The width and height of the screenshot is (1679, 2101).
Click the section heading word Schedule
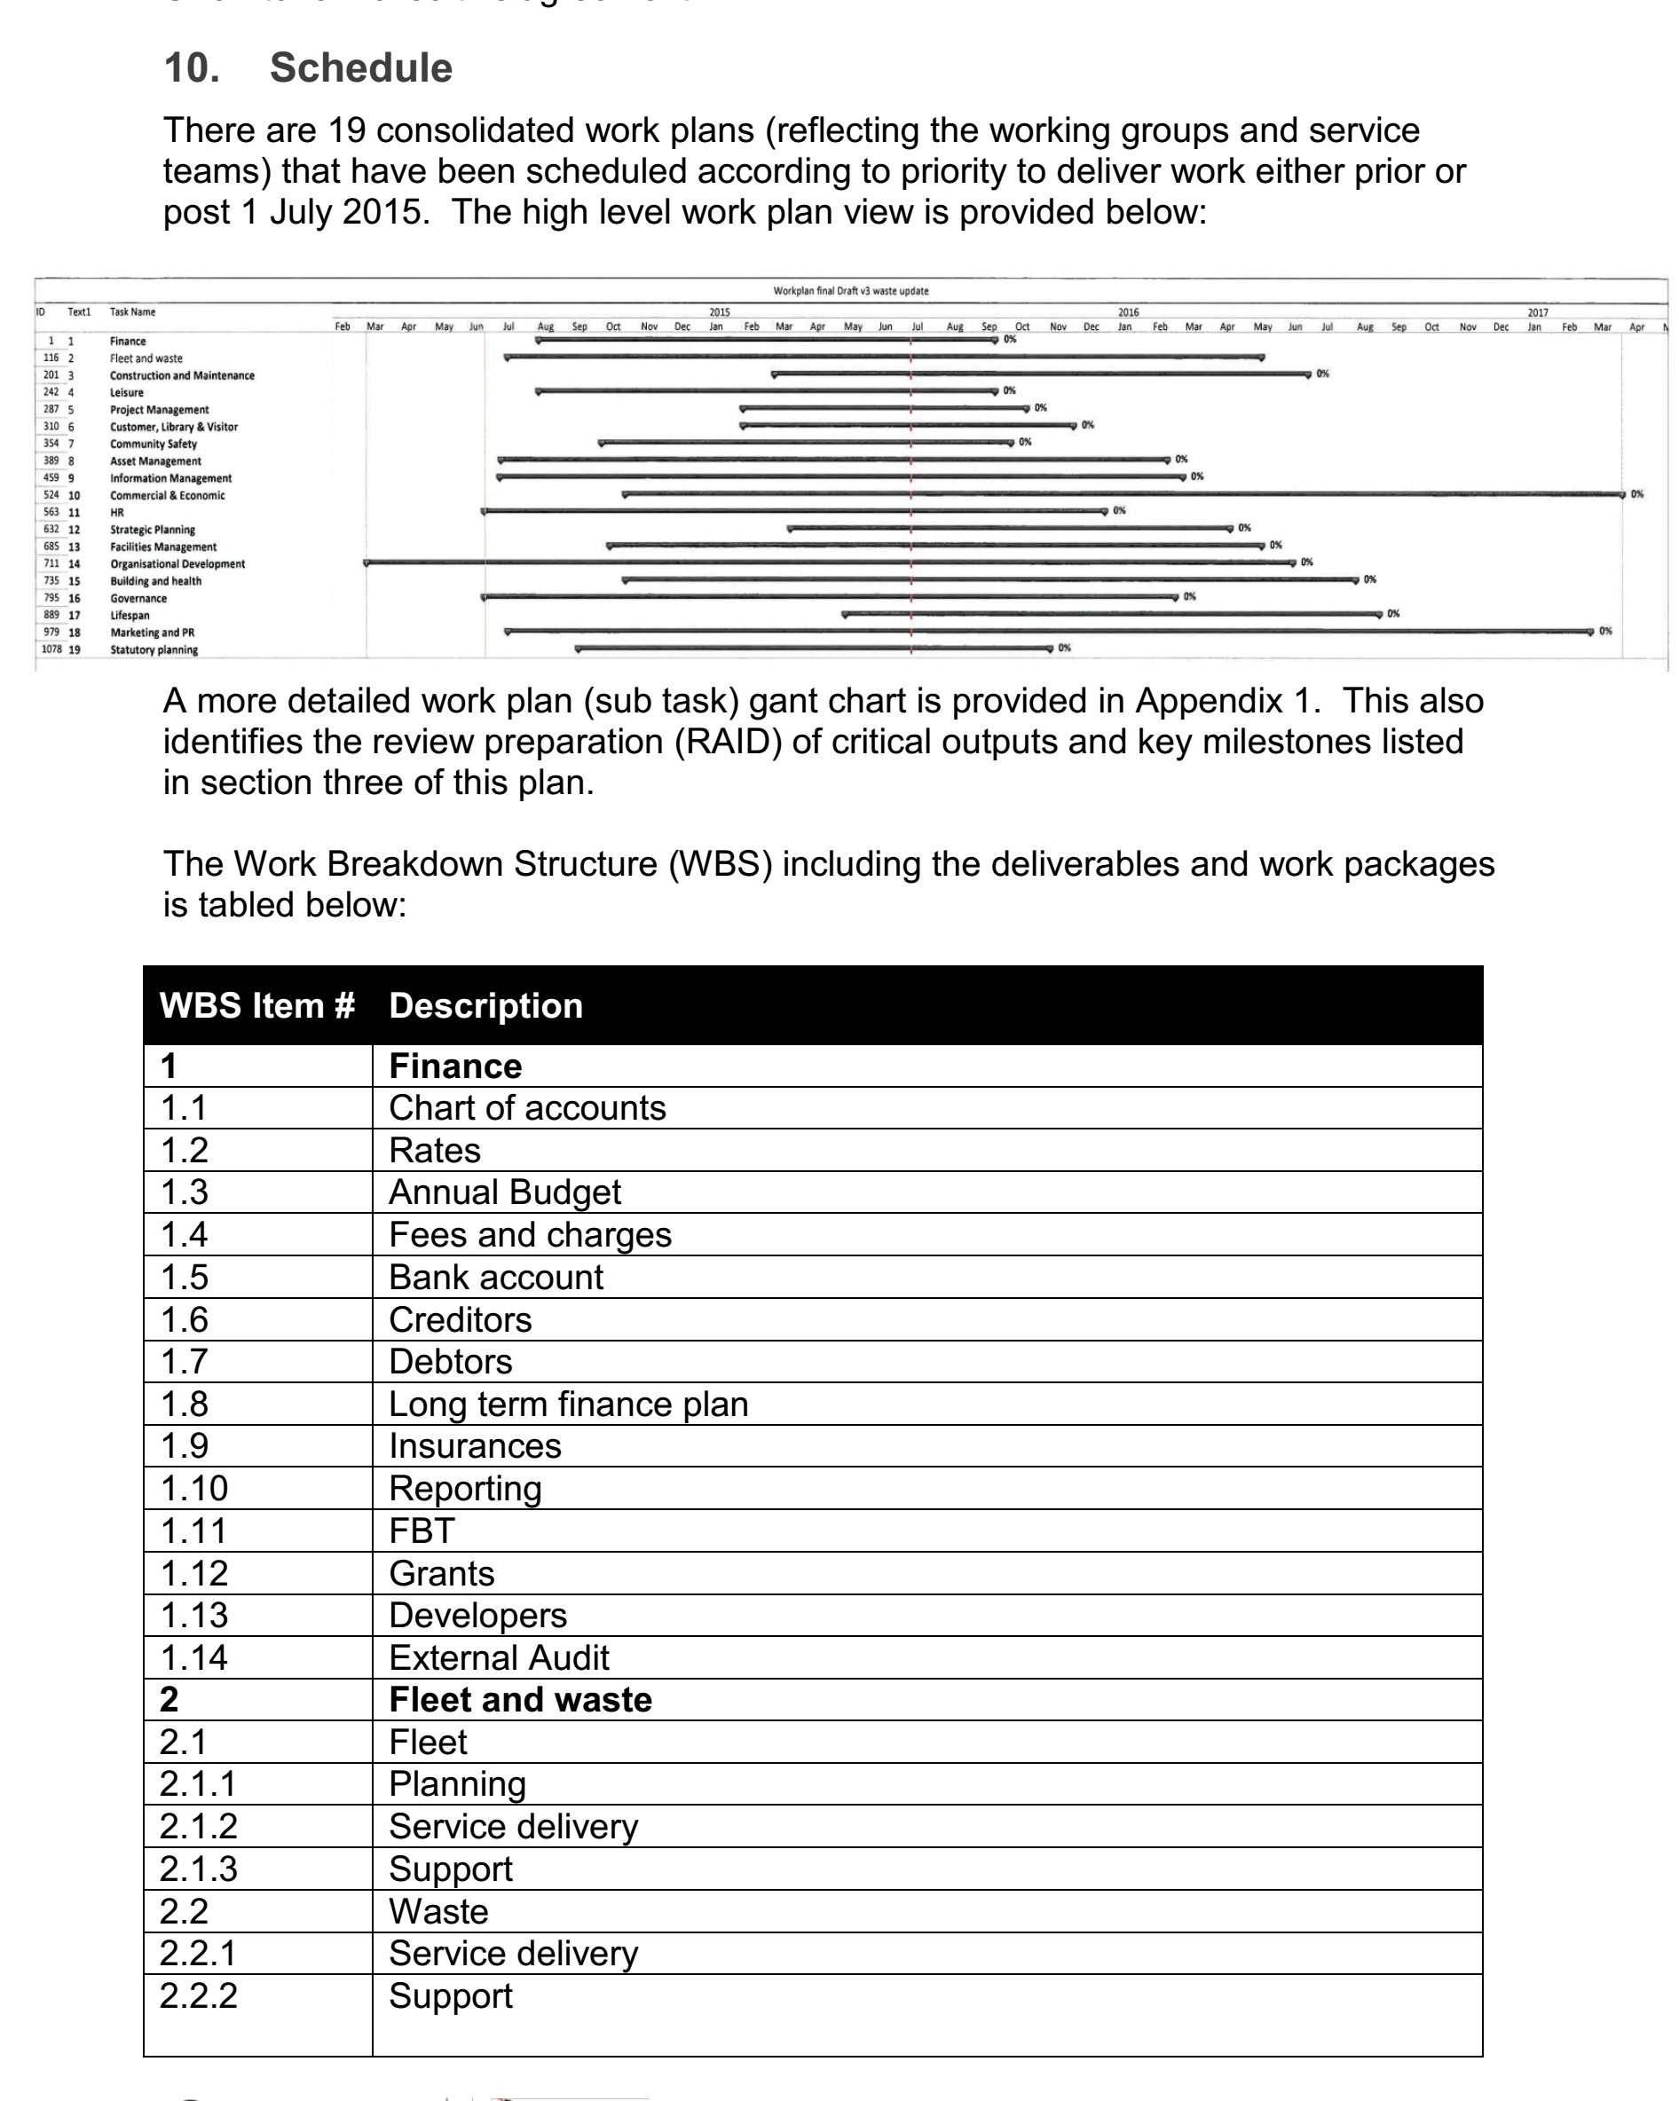360,68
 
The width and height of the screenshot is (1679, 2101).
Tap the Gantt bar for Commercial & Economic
1121,495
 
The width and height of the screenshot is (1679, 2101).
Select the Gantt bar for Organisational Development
828,563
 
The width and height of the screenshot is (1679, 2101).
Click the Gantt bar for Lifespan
1111,614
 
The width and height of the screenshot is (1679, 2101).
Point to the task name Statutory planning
153,650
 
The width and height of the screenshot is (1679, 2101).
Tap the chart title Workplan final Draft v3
850,290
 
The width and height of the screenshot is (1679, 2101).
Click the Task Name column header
132,311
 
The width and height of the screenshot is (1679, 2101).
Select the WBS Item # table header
256,1005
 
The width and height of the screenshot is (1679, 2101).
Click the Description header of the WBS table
485,1005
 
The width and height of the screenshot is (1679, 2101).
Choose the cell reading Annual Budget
504,1192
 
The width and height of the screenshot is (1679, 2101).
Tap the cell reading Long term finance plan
568,1405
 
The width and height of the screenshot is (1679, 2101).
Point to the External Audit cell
498,1657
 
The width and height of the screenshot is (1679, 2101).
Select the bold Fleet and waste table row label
519,1699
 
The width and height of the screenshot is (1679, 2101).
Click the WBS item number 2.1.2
198,1826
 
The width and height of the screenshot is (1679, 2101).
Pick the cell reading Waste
437,1911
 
